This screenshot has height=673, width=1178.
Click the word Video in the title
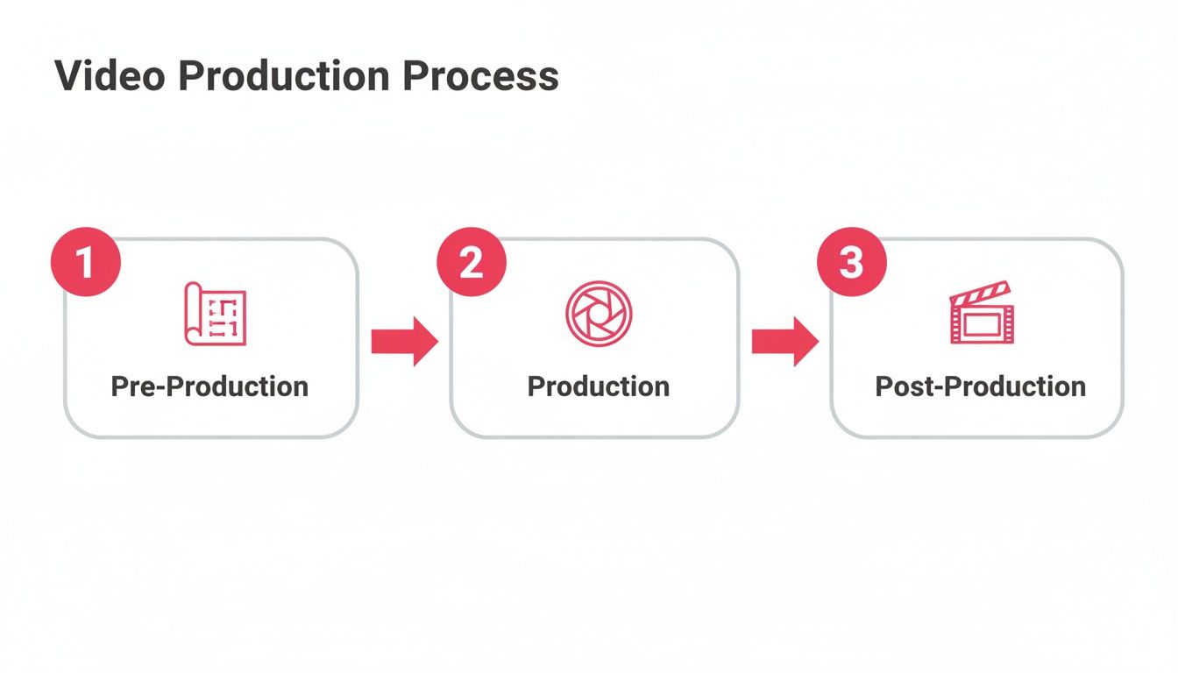(110, 76)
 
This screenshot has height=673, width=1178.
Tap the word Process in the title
(480, 76)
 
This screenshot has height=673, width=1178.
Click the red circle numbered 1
(86, 263)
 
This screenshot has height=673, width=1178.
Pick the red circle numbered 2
(472, 263)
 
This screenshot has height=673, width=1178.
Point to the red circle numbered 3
(851, 263)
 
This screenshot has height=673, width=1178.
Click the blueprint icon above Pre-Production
(215, 314)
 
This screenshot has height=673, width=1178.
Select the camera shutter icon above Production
(599, 314)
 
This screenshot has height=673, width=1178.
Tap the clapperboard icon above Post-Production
(981, 314)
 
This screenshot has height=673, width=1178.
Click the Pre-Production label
(209, 386)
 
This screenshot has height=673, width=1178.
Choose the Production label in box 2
(599, 386)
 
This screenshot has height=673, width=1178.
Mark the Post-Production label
(980, 386)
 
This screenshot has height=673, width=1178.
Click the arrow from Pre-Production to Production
(404, 342)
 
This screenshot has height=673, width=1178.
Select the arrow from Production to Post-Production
(784, 342)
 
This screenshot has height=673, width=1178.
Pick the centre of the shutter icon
(599, 314)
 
